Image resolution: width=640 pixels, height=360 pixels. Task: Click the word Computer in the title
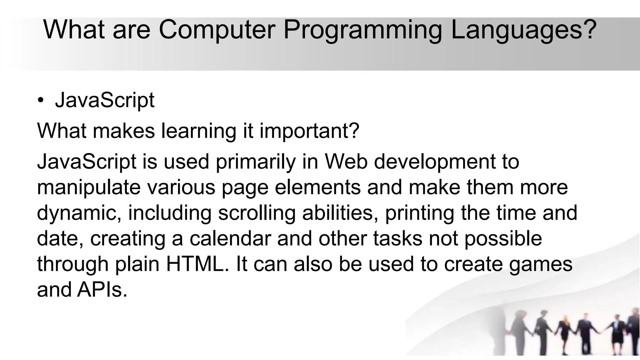coord(217,29)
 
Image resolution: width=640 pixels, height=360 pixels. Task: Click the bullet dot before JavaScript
coord(40,101)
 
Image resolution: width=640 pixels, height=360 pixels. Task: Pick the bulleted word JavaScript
coord(105,101)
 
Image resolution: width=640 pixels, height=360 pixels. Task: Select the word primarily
coord(256,162)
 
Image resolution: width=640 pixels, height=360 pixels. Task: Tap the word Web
coord(346,162)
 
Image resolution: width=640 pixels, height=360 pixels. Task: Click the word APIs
coord(102,290)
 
